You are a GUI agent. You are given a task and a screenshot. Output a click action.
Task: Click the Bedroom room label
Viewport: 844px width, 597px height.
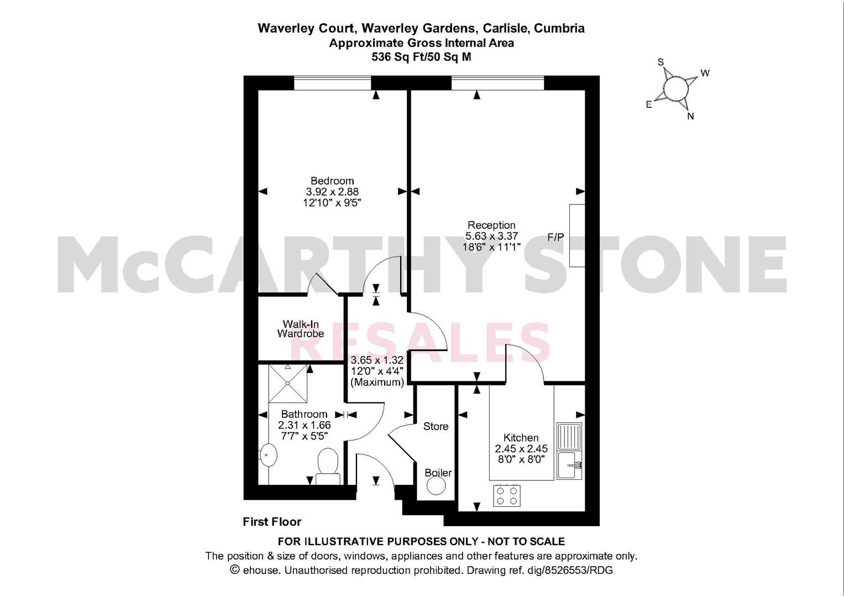point(332,181)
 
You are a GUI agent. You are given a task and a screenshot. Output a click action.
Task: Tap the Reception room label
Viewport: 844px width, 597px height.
point(491,225)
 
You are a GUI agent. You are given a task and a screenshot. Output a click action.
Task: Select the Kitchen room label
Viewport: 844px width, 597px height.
point(521,437)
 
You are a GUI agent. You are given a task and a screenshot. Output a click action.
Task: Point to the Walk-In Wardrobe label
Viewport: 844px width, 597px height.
point(300,329)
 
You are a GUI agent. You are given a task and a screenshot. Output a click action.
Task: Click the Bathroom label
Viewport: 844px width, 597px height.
point(304,414)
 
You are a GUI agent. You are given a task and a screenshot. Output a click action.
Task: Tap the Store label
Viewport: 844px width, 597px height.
point(436,426)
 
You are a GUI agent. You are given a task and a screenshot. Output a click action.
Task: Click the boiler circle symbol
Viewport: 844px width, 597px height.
point(436,486)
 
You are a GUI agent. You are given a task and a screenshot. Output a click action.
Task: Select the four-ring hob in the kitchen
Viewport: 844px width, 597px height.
point(507,495)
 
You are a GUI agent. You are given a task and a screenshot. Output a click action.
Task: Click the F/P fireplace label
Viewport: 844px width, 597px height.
point(555,237)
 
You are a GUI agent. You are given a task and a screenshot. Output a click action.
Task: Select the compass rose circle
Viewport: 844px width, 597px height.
point(674,88)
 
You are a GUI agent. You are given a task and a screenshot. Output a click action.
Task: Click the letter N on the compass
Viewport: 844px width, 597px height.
point(690,117)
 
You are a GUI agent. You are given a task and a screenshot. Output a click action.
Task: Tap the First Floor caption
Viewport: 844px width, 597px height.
point(272,521)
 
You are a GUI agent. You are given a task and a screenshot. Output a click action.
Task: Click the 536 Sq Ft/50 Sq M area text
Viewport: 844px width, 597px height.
point(421,56)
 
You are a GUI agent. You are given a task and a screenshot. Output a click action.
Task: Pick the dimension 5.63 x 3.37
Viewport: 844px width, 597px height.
point(491,236)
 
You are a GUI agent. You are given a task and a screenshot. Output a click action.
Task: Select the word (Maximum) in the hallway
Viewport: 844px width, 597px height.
point(377,382)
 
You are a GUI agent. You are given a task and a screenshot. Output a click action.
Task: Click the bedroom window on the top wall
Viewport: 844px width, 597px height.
point(332,83)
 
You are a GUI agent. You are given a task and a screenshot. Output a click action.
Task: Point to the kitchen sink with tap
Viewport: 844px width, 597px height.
point(569,465)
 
